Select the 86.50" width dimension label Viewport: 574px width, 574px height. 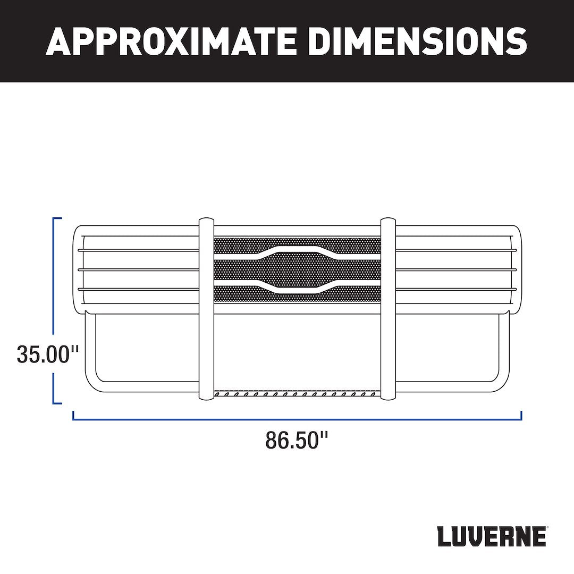[x=297, y=440]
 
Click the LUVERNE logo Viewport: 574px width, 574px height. [x=492, y=537]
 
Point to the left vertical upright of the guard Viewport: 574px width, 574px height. [x=206, y=308]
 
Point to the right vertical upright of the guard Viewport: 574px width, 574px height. [x=389, y=308]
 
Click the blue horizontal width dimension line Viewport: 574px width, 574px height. [x=297, y=419]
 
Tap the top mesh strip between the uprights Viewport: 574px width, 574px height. [x=239, y=246]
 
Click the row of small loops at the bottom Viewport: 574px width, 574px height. [x=297, y=395]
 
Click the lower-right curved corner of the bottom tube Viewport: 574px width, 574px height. [x=502, y=385]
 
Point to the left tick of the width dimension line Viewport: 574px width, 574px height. [x=73, y=415]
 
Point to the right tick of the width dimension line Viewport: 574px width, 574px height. [x=521, y=415]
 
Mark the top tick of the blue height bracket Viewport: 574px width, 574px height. [x=57, y=218]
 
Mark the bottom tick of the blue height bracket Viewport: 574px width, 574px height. [x=57, y=402]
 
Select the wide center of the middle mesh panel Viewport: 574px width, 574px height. [x=297, y=269]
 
